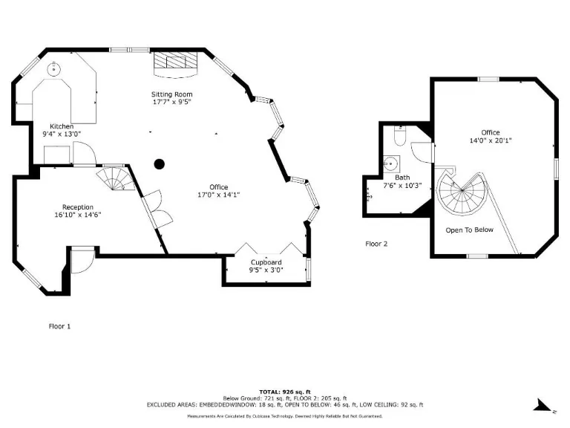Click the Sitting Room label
[x=171, y=94]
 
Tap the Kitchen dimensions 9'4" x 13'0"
[x=62, y=134]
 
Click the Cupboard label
[x=266, y=262]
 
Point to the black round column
[x=158, y=164]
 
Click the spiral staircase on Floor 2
[x=463, y=191]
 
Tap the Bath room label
[x=402, y=178]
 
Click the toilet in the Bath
[x=399, y=137]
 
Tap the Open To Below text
[x=469, y=230]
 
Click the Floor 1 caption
[x=59, y=325]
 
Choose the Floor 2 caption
[x=376, y=243]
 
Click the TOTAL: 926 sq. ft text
[x=285, y=392]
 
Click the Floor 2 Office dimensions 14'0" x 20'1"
[x=490, y=140]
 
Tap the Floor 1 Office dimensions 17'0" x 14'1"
[x=218, y=195]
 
